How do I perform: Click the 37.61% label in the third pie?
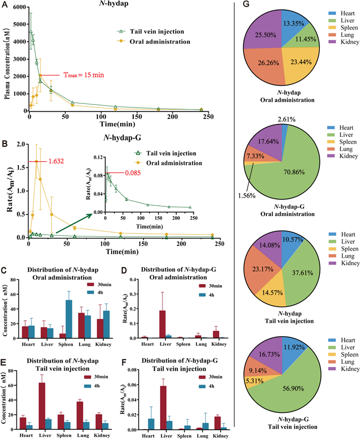(x=292, y=273)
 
